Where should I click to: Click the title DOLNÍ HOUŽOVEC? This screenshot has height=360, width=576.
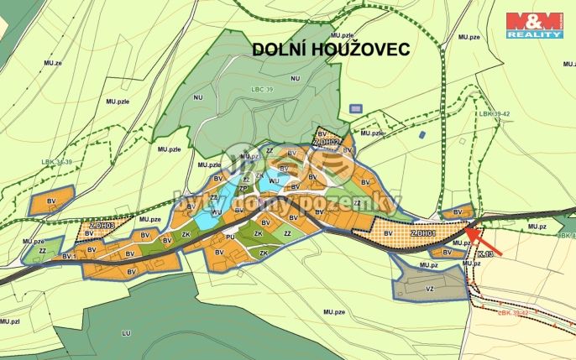[332, 50]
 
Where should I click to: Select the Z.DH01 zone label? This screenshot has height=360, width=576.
[423, 232]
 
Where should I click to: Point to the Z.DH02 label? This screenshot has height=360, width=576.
[326, 143]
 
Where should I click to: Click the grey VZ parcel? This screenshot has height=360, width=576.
[429, 285]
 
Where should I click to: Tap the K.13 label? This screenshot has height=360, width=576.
[484, 254]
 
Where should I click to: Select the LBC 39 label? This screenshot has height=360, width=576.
[263, 86]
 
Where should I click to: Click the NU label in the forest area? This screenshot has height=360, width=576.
[294, 78]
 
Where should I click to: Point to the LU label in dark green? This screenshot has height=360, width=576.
[127, 333]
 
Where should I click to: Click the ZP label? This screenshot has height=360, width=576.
[243, 188]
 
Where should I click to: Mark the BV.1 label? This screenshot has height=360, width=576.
[69, 255]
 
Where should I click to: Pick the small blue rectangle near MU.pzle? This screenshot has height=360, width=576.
[356, 109]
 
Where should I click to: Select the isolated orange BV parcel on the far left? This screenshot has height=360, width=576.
[50, 201]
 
